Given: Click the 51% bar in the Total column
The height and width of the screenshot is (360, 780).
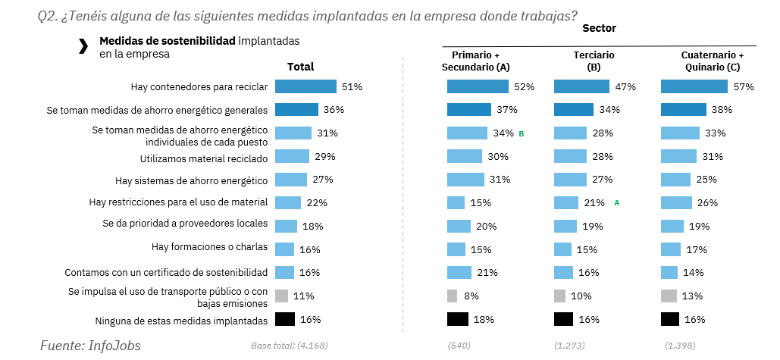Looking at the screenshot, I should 305,86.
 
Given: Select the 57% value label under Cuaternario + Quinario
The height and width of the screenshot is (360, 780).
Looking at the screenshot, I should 744,87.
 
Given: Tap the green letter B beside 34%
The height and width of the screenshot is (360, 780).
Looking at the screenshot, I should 522,133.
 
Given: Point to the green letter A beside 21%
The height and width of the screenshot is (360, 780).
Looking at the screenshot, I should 616,203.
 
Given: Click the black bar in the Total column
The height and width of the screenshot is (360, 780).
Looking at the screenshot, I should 284,319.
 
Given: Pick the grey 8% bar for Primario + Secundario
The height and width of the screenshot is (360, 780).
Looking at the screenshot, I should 452,296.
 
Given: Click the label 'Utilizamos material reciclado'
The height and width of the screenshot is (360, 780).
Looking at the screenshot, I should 204,157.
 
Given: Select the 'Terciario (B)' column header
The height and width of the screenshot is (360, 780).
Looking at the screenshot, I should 594,61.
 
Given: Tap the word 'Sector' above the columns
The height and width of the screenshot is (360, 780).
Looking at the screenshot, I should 599,28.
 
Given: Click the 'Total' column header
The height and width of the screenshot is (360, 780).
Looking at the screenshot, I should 300,67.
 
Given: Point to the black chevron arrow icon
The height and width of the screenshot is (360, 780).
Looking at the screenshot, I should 83,47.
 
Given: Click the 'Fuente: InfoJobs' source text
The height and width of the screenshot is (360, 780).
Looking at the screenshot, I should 90,345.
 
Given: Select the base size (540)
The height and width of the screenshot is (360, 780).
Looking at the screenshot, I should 461,346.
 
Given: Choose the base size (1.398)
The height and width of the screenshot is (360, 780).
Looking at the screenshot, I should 680,346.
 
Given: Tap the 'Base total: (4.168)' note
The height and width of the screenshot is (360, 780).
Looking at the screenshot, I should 289,346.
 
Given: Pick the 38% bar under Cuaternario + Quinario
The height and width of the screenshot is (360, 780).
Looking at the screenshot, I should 684,110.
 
